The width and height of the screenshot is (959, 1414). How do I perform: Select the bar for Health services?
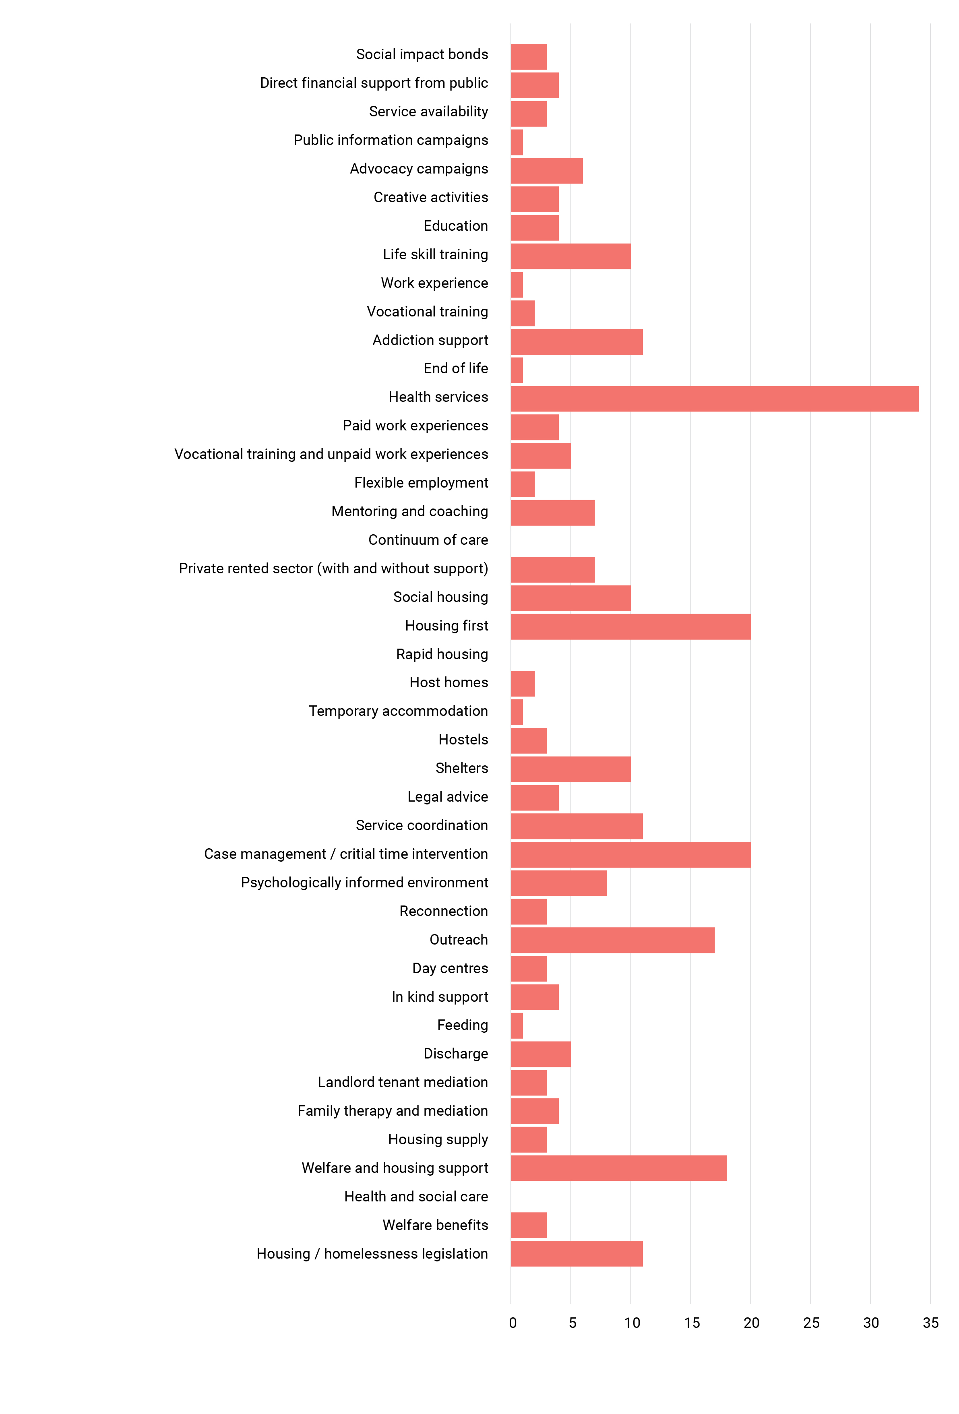tap(714, 399)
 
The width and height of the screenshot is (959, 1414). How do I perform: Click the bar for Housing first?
tap(630, 627)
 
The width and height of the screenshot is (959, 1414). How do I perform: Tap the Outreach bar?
tap(612, 940)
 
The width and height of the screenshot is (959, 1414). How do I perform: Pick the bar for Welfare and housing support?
tap(618, 1168)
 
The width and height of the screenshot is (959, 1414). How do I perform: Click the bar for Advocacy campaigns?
tap(546, 170)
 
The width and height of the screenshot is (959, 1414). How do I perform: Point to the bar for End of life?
tap(517, 370)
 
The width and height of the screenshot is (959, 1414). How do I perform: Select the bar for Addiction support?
tap(576, 341)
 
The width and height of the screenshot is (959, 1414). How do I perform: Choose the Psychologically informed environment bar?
tap(558, 883)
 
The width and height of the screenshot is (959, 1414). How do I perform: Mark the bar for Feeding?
tap(517, 1026)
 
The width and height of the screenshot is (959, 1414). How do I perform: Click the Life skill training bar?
tap(570, 256)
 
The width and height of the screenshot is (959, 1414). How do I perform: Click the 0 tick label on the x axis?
tap(513, 1323)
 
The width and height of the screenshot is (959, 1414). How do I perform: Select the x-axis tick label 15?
tap(692, 1323)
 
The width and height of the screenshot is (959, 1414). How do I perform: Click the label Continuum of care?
tap(428, 540)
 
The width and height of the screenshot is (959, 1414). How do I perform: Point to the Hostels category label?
tap(463, 739)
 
